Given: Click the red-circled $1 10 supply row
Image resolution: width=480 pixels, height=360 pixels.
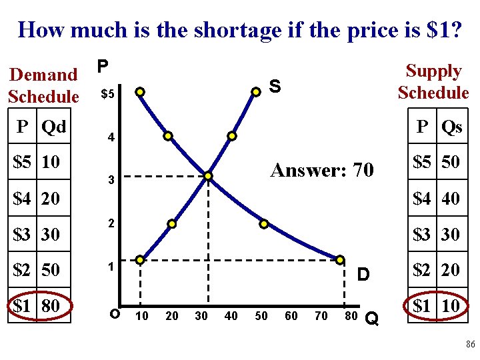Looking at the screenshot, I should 437,306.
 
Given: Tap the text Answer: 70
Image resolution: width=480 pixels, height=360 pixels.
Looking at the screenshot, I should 322,170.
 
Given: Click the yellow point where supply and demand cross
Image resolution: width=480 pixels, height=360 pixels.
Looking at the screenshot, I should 209,176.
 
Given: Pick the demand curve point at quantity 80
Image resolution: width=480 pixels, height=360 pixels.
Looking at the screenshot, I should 340,259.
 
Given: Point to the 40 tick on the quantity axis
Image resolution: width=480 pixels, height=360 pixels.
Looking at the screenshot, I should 231,315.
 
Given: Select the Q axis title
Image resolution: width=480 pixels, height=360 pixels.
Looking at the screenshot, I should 373,319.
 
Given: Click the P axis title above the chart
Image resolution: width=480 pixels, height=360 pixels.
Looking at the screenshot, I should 102,66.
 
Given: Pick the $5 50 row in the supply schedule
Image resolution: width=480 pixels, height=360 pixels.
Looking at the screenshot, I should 437,162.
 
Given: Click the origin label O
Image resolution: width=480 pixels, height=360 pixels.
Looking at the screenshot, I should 115,314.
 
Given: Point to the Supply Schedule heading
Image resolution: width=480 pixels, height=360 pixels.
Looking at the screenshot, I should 433,81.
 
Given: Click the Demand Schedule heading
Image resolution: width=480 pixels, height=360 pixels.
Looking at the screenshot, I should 44,85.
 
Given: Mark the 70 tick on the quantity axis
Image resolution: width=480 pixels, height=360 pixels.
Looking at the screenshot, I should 321,315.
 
